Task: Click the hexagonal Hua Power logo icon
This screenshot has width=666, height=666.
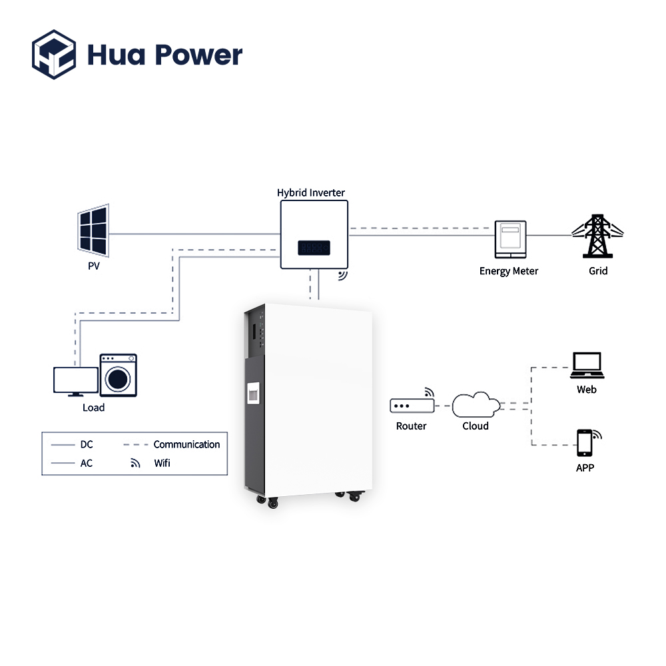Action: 54,55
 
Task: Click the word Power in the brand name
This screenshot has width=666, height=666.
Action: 198,55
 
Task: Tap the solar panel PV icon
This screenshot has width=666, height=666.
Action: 93,230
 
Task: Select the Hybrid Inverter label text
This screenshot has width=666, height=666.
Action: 311,192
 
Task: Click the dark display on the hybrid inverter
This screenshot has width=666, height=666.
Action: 314,248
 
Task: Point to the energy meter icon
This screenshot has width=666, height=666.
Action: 511,240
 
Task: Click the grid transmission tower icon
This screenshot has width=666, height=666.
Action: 597,236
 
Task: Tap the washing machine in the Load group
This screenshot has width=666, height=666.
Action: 118,375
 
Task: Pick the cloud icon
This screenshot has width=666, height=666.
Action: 476,405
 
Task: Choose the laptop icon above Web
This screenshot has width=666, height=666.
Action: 587,365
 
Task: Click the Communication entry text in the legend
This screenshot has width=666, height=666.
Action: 186,444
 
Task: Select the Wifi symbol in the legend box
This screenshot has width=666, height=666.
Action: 135,463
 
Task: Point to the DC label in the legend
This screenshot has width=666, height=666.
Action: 87,444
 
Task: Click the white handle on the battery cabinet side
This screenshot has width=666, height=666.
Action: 253,393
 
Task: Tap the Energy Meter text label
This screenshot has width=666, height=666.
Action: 509,271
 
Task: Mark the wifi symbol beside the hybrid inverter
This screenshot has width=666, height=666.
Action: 343,276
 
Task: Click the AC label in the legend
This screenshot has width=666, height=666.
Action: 86,463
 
